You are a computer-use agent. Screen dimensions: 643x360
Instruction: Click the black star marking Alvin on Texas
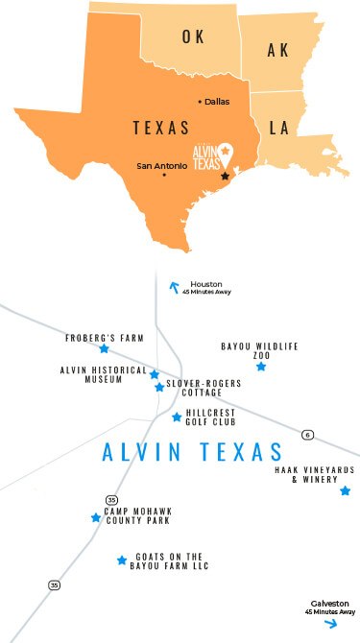point(226,176)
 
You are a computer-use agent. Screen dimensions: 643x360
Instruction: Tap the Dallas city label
point(217,102)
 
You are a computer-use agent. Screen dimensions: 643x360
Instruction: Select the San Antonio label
point(157,166)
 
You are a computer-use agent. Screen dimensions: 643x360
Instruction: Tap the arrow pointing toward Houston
point(174,285)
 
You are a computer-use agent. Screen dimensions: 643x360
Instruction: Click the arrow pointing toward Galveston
point(330,623)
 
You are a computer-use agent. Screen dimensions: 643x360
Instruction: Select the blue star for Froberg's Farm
point(104,349)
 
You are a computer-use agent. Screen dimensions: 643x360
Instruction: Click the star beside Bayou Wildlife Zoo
point(260,366)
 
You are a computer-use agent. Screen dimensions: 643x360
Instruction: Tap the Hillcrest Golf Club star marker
point(176,417)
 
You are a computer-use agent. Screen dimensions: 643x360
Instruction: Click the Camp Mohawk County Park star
point(96,517)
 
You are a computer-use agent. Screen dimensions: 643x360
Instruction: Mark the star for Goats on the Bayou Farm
point(122,560)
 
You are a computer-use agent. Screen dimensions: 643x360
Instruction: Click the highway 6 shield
point(305,435)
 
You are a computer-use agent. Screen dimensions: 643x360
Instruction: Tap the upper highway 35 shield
point(112,500)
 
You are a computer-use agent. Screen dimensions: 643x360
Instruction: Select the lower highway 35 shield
point(55,584)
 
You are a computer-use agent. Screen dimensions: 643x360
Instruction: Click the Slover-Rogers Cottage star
point(158,387)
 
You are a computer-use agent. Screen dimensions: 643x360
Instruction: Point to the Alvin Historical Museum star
point(154,373)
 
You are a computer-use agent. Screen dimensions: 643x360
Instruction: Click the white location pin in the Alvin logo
point(225,151)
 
